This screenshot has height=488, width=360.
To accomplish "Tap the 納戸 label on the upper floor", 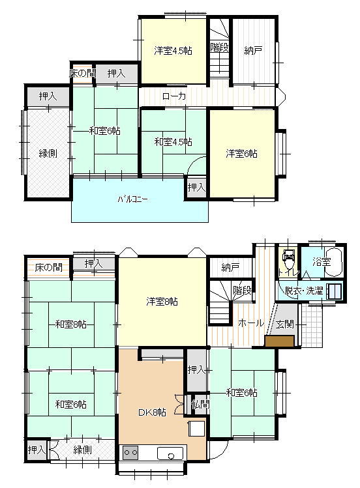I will tap(254, 50).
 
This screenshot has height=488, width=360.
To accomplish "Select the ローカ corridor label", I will tap(174, 96).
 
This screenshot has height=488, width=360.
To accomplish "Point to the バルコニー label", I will tap(133, 199).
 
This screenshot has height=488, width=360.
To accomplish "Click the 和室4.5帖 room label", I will tap(173, 141).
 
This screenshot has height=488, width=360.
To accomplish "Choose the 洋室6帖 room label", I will tap(241, 154).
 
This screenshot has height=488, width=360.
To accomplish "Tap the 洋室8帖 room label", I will tap(162, 301).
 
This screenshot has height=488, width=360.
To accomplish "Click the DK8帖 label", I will tap(152, 412).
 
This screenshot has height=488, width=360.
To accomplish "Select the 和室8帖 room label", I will tap(71, 324).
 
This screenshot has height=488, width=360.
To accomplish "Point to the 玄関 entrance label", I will tap(284, 324).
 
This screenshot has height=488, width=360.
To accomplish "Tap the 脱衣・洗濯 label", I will tap(303, 291).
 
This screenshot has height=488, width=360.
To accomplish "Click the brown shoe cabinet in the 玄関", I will tap(279, 341).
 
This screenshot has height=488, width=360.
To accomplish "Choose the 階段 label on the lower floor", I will tap(242, 290).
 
